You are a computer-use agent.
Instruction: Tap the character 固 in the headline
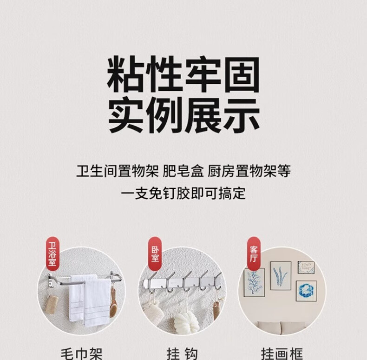click(x=242, y=74)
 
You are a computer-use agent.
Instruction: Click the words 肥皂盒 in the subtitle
click(x=183, y=171)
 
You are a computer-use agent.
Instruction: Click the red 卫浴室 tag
click(x=52, y=254)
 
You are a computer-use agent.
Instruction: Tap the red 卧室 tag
click(x=155, y=253)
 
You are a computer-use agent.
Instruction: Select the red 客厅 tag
click(x=254, y=253)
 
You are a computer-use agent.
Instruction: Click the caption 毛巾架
click(x=81, y=354)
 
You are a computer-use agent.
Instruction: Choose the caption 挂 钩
click(x=182, y=354)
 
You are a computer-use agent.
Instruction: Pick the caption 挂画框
click(x=282, y=354)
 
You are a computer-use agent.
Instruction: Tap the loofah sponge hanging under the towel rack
click(x=52, y=305)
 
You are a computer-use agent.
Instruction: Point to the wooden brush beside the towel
click(x=113, y=303)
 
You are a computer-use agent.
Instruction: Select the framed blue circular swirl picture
click(x=306, y=291)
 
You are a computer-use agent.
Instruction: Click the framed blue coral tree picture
click(x=254, y=283)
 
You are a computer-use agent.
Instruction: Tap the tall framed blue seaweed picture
click(x=281, y=276)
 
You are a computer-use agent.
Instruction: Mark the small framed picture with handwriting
click(x=306, y=267)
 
